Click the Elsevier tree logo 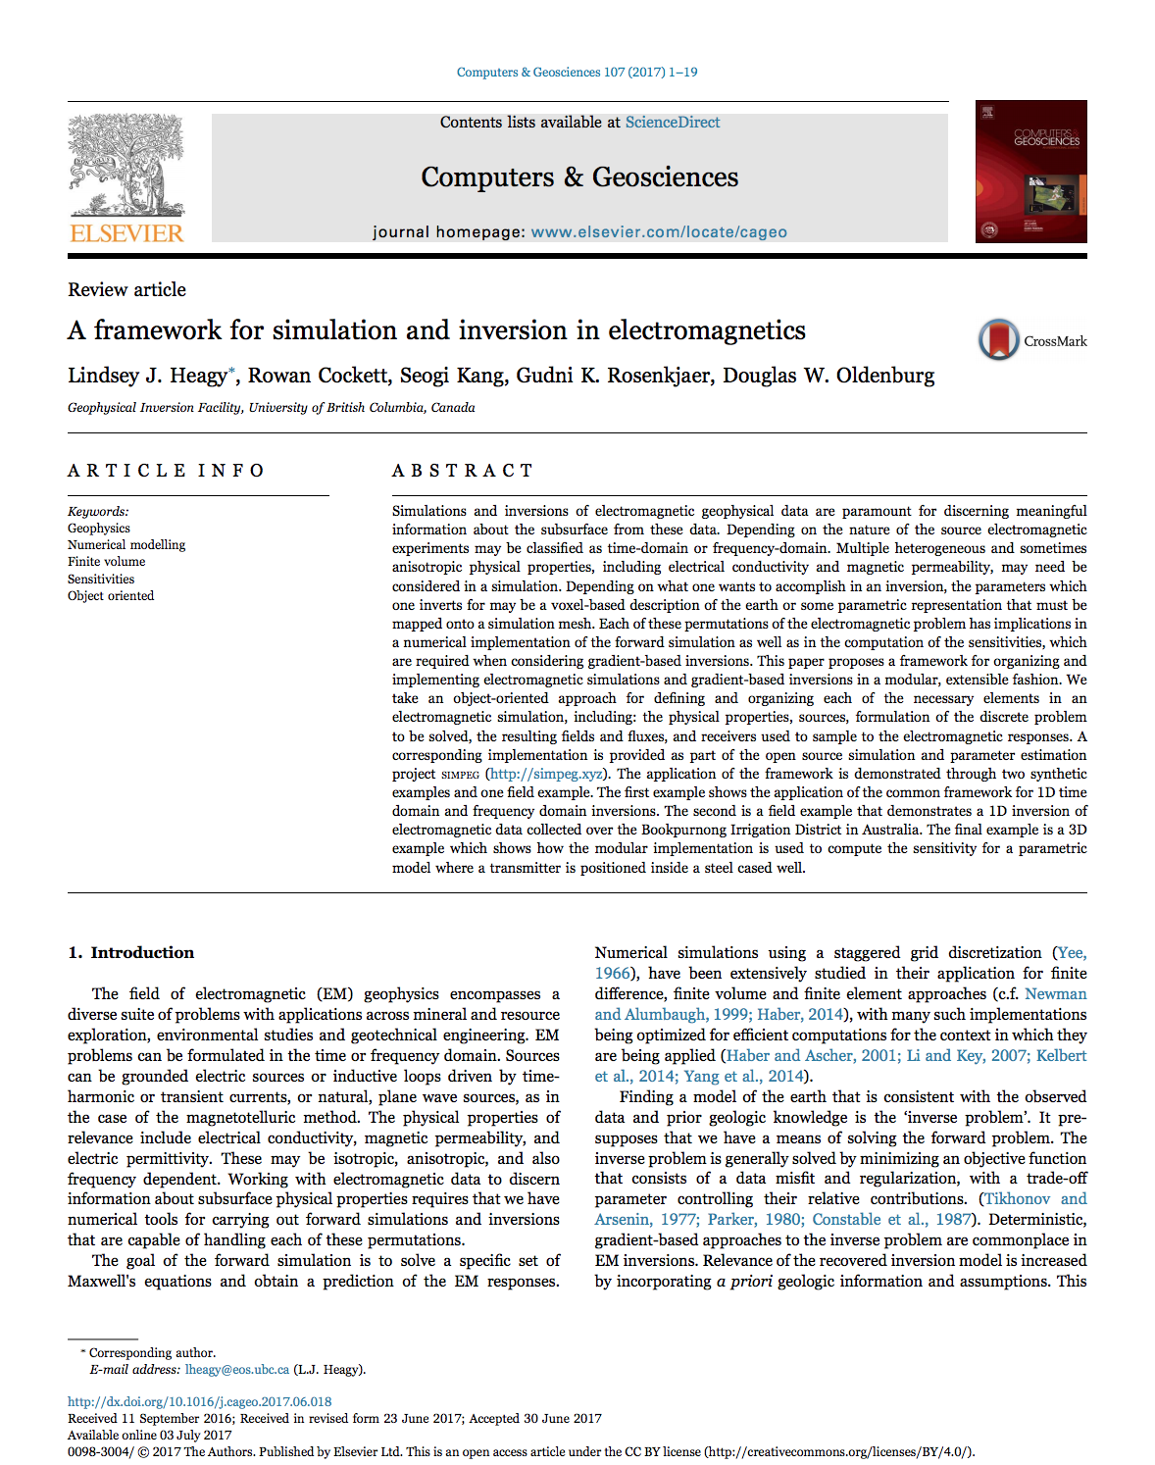click(126, 167)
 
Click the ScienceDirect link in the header click(672, 123)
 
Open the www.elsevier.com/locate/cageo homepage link click(659, 232)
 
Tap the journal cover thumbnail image click(1030, 172)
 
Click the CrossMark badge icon click(999, 340)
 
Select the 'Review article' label click(126, 289)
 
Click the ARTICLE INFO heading click(166, 471)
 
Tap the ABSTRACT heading click(462, 471)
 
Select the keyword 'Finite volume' click(106, 562)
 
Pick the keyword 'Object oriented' click(111, 596)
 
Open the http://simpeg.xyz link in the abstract click(546, 774)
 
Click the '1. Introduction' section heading click(130, 952)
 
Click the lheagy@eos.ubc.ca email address click(236, 1370)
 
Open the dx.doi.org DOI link click(199, 1402)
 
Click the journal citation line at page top click(577, 73)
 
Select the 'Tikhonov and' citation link click(1035, 1198)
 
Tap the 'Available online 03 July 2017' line click(149, 1435)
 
